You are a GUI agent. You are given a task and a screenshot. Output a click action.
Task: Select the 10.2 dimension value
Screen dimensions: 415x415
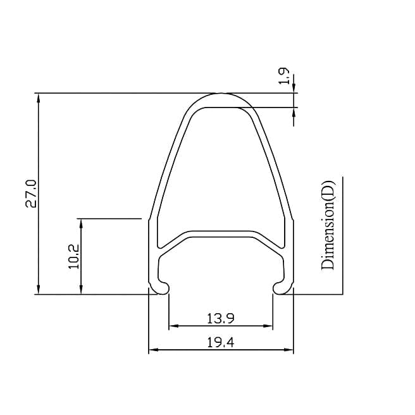73,257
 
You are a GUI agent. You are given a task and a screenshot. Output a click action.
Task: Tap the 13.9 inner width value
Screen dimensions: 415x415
221,318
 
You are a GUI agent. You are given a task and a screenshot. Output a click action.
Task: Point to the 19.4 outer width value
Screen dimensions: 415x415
221,342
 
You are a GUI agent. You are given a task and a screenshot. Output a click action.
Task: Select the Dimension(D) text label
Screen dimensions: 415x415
328,225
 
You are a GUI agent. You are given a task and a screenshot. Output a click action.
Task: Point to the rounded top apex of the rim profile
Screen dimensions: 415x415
221,95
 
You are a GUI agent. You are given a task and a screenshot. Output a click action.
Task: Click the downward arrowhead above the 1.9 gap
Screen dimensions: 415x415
294,89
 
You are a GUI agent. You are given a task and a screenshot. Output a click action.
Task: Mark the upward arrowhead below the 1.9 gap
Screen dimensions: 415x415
294,111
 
